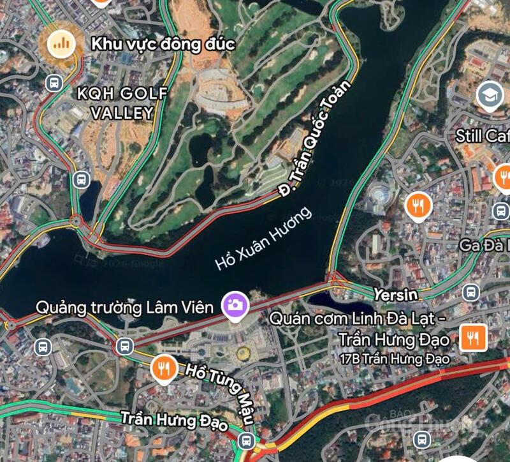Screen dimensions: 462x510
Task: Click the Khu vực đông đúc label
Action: (163, 44)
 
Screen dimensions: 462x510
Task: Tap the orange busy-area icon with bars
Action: (61, 43)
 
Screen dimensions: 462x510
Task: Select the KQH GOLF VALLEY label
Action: (122, 103)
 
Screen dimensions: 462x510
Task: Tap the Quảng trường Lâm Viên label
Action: (124, 308)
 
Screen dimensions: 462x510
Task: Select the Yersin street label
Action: (395, 295)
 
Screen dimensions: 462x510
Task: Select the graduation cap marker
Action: (490, 96)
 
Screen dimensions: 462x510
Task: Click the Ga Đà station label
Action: (484, 244)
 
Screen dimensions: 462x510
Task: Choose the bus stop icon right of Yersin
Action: (470, 292)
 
